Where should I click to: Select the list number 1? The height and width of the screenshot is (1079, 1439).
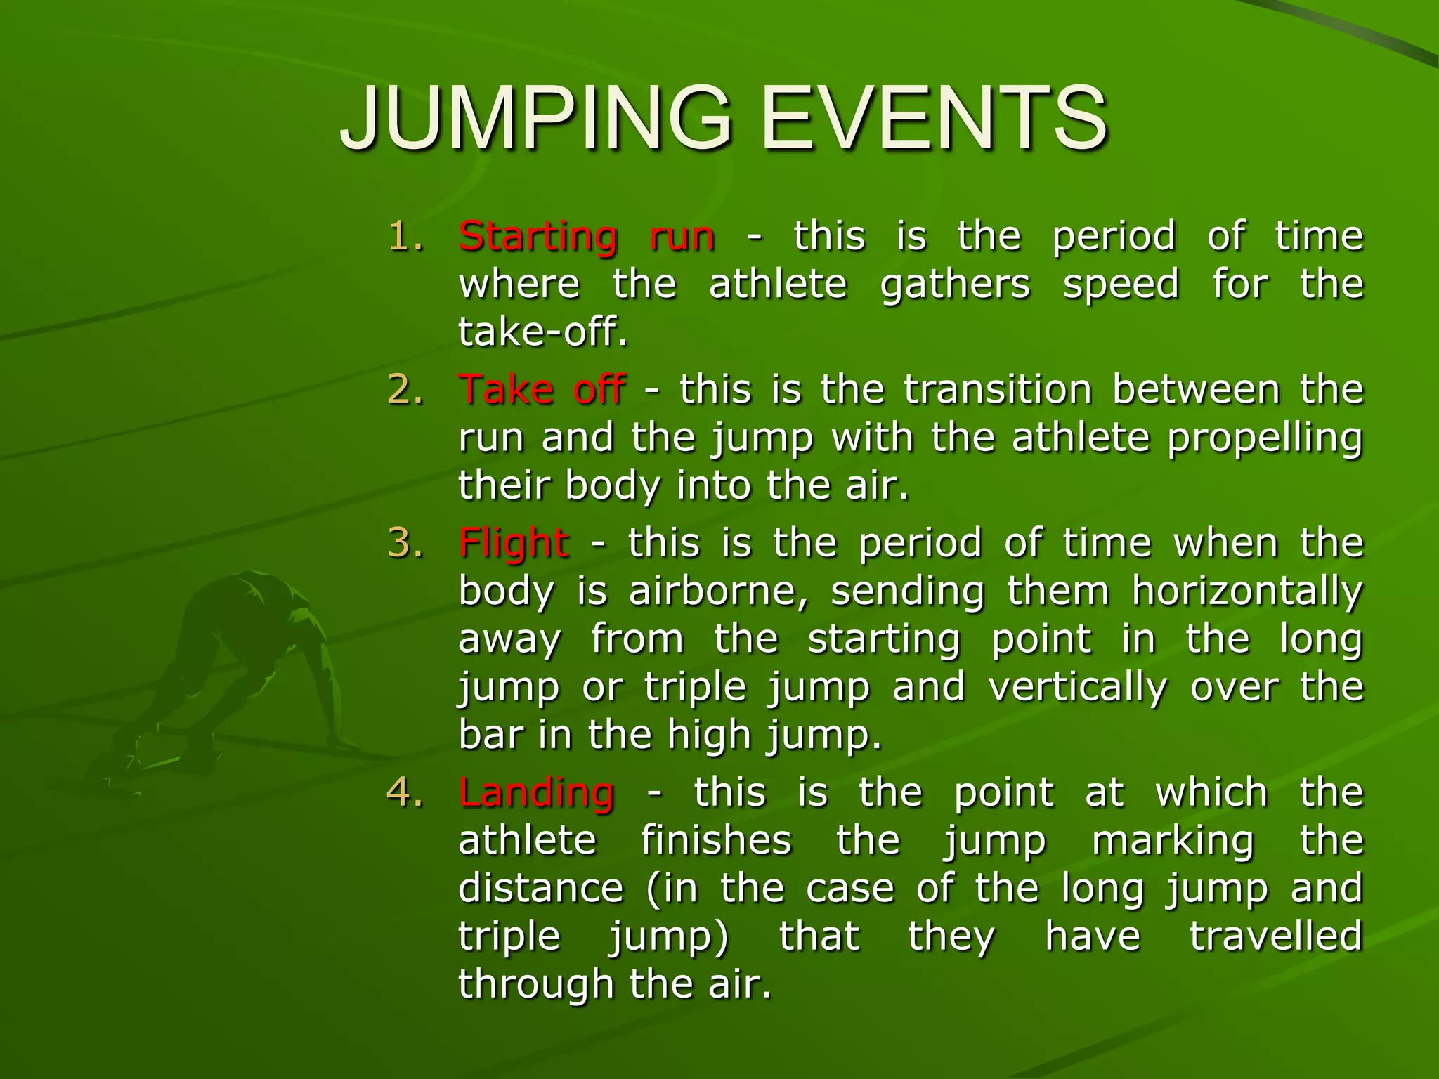tap(406, 236)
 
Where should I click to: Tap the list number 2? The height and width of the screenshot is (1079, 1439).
tap(406, 390)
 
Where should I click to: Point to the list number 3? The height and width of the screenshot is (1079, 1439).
tap(406, 543)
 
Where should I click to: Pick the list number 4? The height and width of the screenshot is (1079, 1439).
tap(406, 792)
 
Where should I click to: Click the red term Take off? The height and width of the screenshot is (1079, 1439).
tap(542, 390)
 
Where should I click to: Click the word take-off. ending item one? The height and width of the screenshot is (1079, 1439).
tap(542, 332)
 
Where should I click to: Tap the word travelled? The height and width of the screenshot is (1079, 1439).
tap(1275, 936)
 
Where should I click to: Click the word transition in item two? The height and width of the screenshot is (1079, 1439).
tap(998, 390)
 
